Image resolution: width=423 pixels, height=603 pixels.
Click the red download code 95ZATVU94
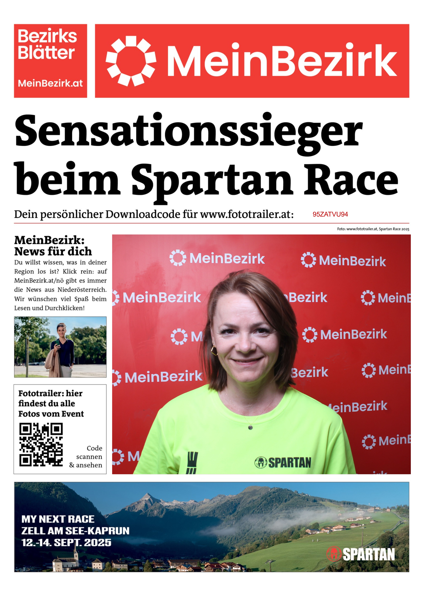[x=330, y=214]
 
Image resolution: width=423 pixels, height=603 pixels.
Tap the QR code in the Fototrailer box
[x=41, y=444]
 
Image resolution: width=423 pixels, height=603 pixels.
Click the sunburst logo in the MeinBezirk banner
[x=131, y=61]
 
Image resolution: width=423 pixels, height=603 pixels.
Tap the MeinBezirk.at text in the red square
[x=50, y=83]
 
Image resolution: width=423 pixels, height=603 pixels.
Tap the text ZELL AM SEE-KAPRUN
[x=75, y=531]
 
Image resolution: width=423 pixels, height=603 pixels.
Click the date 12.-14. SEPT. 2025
[x=66, y=543]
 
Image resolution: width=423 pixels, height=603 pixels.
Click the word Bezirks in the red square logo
[x=47, y=36]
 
